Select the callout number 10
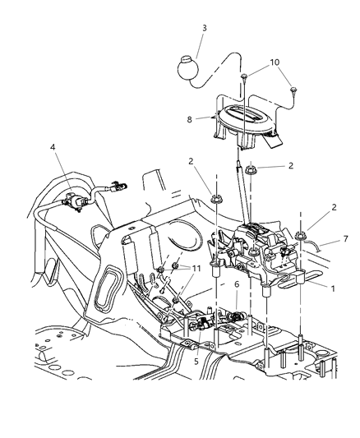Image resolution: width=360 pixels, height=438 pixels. [x=274, y=62]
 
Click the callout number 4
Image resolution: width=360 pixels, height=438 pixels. [x=53, y=148]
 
